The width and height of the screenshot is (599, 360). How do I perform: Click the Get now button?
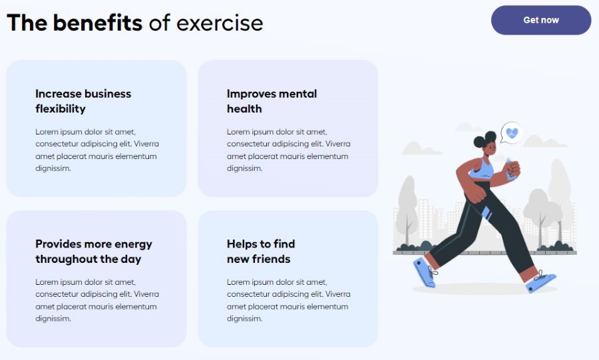coord(541,20)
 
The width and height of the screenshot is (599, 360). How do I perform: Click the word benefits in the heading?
coord(97,23)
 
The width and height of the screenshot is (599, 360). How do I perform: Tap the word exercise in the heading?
coord(220,23)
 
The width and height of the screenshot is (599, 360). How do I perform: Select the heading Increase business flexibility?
coord(83,101)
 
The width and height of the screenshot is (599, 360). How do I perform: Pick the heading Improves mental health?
coord(272,101)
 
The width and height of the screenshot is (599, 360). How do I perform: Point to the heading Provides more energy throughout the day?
coord(94,252)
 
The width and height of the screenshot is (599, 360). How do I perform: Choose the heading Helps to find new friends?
coord(261,252)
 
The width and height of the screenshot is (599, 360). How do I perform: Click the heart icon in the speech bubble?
coord(512,132)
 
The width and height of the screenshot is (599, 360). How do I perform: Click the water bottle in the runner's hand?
coord(510,169)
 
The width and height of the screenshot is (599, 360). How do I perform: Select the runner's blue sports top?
coord(482,169)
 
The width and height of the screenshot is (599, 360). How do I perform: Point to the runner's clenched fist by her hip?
coord(476,194)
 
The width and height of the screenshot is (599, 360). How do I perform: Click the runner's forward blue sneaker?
coord(541,281)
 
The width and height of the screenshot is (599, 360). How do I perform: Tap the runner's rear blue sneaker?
coord(425,271)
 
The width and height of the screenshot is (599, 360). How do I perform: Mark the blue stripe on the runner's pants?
coord(486,213)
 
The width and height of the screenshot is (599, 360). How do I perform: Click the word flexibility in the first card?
coord(61,109)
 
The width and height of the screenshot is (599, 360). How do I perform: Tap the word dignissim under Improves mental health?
coord(244,168)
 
